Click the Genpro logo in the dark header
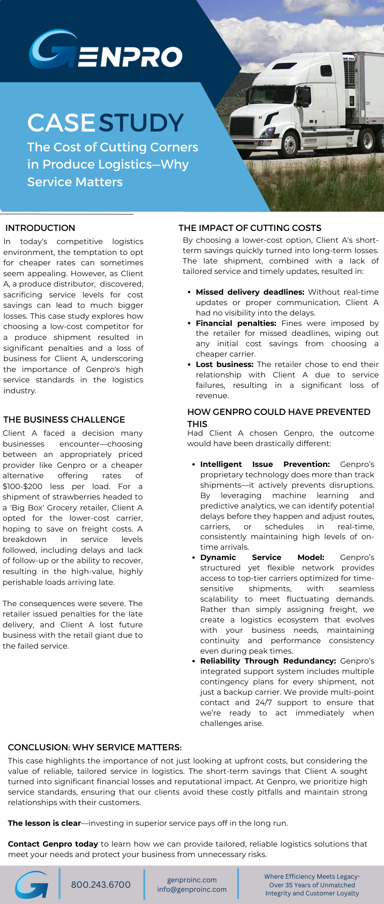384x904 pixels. coord(106,51)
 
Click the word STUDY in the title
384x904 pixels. coord(141,123)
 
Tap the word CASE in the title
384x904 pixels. coord(61,123)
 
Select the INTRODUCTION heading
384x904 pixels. coord(40,228)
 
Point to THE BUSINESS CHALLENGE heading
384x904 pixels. coord(64,419)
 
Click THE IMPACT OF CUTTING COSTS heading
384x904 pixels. coord(250,228)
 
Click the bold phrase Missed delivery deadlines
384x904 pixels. coord(250,292)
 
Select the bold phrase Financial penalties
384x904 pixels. coord(236,323)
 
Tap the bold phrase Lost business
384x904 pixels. coord(225,364)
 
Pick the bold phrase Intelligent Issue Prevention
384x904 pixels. coord(265,464)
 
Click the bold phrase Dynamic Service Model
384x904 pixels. coord(262,557)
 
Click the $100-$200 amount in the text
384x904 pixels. coord(23,486)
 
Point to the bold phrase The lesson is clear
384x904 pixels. coord(44,823)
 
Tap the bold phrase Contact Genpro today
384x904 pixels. coord(53,844)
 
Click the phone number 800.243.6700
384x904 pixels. coord(101,885)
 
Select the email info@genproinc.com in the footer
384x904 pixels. coord(192,890)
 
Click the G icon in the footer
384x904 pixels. coord(32,885)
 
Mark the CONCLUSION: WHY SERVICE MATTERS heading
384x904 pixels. coord(95,747)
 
